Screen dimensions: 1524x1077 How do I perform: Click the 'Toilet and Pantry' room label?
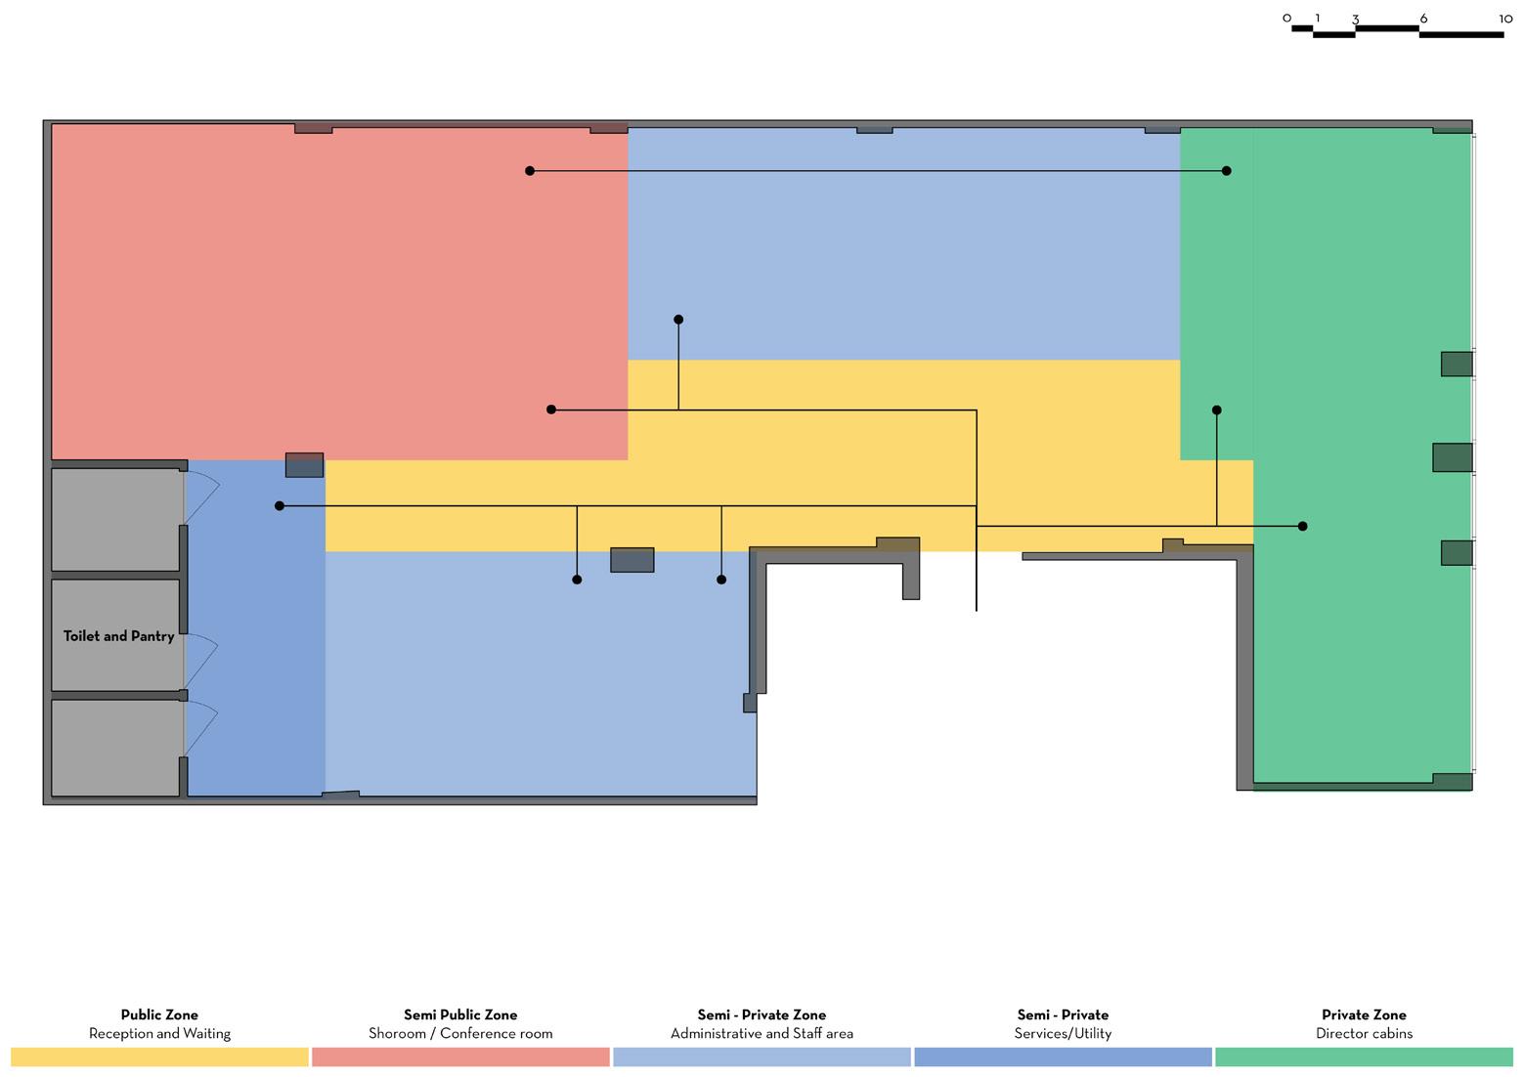(x=118, y=636)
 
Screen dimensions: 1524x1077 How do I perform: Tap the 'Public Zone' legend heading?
(x=159, y=1014)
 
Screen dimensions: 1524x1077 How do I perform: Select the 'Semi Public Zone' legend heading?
(x=460, y=1014)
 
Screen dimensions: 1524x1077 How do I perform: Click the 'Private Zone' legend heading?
(x=1364, y=1014)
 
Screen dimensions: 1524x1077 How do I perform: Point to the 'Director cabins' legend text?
(x=1364, y=1033)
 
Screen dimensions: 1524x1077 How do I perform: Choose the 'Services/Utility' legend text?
(x=1063, y=1033)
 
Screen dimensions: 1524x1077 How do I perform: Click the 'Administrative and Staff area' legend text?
(x=762, y=1033)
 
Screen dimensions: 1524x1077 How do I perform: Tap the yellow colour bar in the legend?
(x=159, y=1056)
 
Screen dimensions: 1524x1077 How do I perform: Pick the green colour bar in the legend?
(x=1364, y=1056)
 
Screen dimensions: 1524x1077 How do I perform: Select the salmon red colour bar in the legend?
(x=460, y=1056)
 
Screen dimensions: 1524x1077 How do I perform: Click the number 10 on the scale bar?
(x=1505, y=19)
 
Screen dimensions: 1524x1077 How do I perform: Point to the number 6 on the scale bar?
(x=1423, y=19)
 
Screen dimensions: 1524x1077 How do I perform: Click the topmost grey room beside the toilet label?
(x=115, y=519)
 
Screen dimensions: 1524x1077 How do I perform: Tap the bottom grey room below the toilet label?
(x=115, y=747)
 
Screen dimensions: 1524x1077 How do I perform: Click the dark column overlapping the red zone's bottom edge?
(x=304, y=464)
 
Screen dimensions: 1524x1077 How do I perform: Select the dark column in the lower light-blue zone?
(x=631, y=559)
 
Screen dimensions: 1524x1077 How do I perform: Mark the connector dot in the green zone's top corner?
(x=1227, y=171)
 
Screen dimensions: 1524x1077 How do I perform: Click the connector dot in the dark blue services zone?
(x=280, y=506)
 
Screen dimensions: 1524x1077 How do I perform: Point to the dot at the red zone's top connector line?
(x=530, y=171)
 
